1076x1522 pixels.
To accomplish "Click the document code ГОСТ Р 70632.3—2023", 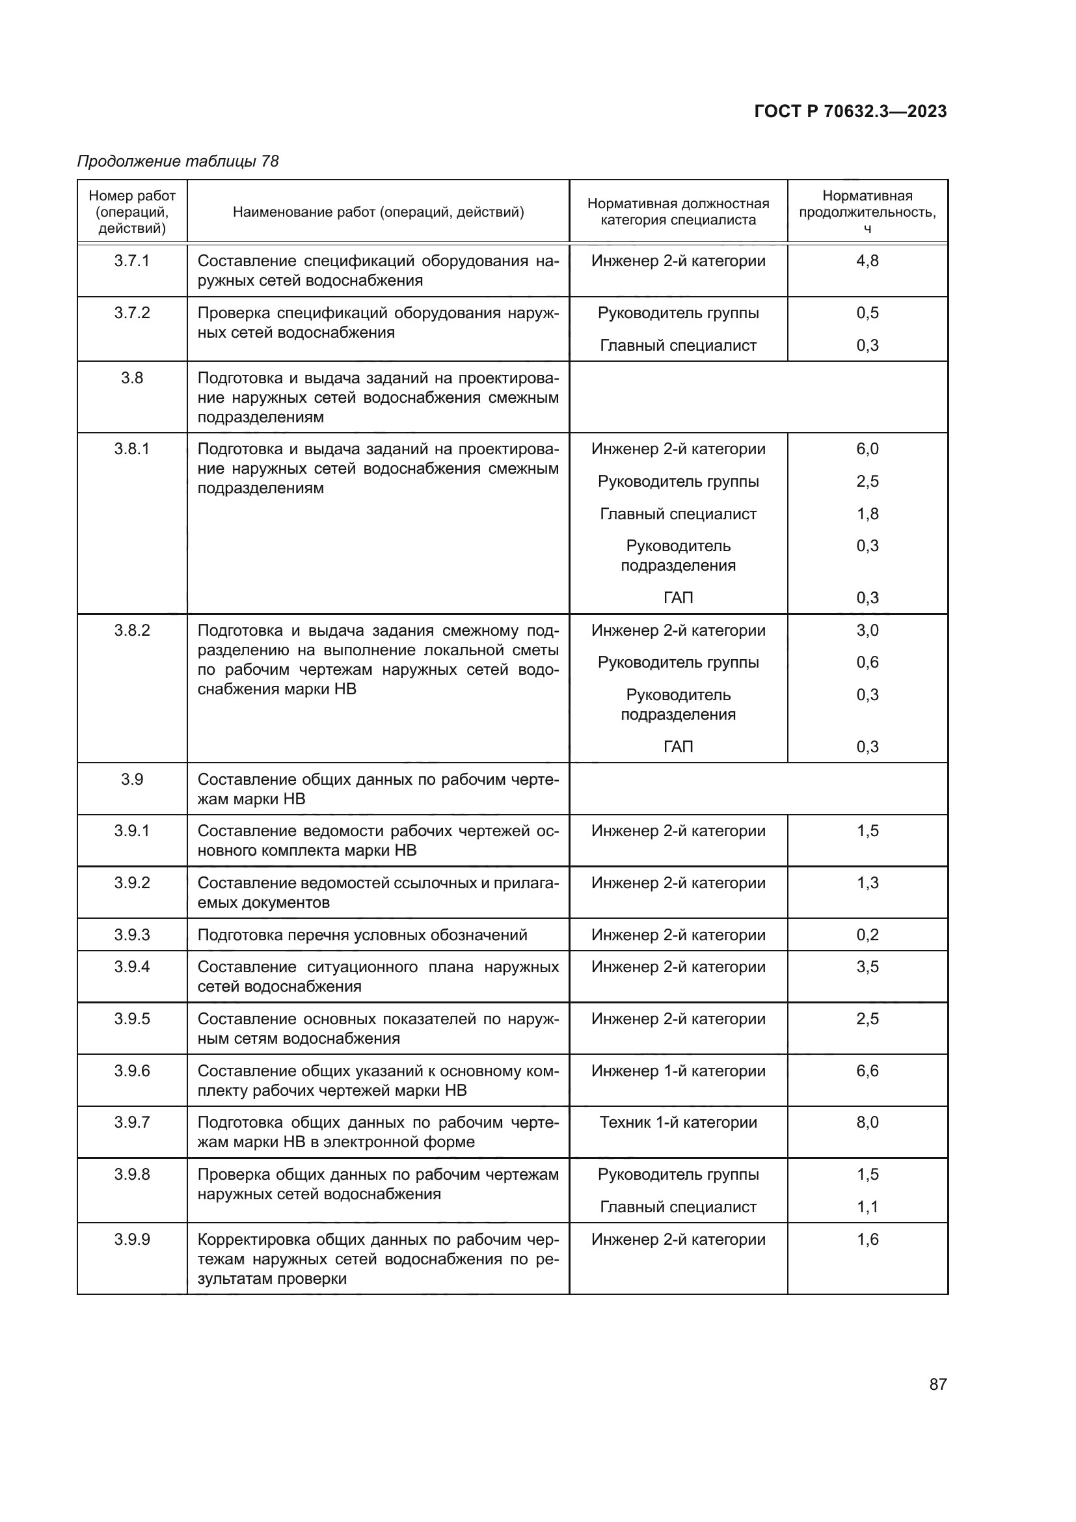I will [850, 111].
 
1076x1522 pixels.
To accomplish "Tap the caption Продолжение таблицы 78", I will [178, 161].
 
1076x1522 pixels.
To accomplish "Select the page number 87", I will [937, 1384].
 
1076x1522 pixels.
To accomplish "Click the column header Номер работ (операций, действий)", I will [132, 212].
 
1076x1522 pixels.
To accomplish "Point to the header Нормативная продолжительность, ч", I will [867, 212].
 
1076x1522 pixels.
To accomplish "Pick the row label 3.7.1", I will [132, 260].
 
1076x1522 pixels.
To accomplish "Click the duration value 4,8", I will [867, 260].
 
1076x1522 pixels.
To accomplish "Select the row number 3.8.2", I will [132, 630].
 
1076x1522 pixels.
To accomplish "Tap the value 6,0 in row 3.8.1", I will [867, 449].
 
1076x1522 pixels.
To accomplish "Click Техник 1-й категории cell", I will [678, 1122].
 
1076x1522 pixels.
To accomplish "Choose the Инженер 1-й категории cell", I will [678, 1070].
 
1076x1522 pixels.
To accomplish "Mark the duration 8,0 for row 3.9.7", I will [867, 1122].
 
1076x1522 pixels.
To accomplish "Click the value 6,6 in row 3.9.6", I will [867, 1070].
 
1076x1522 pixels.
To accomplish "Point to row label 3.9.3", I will [132, 934].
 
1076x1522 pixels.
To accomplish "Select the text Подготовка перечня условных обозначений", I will [362, 934].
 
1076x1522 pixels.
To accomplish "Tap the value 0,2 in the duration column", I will [867, 934].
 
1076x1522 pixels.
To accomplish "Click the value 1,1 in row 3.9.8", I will [867, 1206].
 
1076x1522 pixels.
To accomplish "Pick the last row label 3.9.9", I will [132, 1239].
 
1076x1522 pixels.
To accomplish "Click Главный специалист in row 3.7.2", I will [678, 346].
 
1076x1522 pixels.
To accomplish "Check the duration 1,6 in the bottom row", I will [867, 1239].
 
